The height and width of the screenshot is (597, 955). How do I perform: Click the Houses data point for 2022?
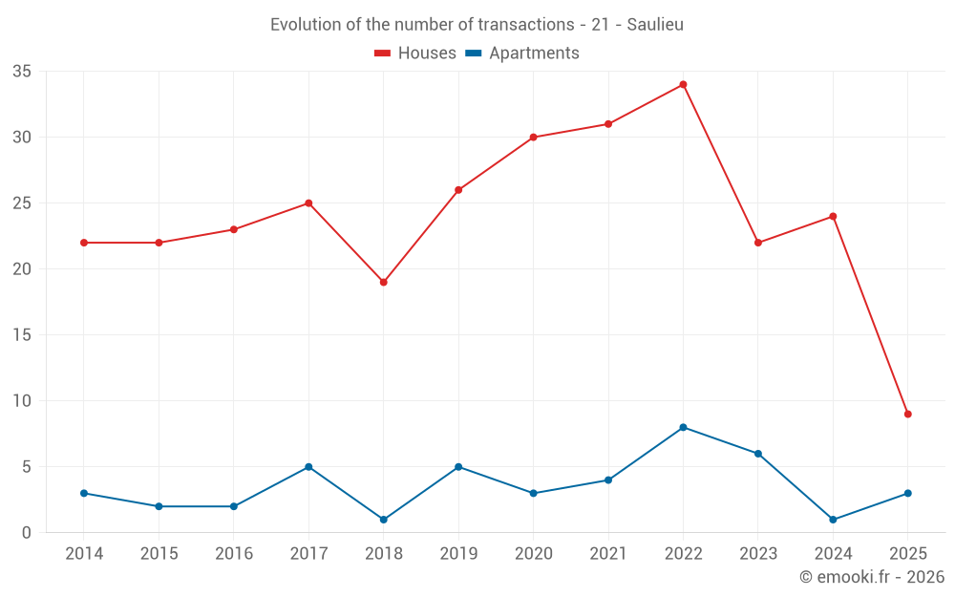coord(683,84)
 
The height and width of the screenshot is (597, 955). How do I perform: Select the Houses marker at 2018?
coord(384,282)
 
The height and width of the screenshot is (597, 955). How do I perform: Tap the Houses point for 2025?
coord(907,414)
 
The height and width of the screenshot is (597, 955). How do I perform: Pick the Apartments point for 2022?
coord(683,427)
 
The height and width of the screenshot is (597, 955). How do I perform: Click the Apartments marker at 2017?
coord(308,467)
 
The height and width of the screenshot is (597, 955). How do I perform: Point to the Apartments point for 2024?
coord(833,520)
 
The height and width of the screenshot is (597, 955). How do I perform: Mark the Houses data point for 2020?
coord(533,137)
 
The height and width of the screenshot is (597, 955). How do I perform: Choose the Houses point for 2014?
coord(84,243)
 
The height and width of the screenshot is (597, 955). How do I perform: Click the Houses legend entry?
coord(415,53)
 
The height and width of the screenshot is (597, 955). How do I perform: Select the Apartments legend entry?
coord(521,53)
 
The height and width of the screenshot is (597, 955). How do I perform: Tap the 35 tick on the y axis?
coord(22,72)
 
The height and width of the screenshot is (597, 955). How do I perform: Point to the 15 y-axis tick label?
coord(22,335)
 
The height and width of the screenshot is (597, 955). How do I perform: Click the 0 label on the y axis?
coord(27,533)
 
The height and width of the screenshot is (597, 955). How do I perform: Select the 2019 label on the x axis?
coord(458,554)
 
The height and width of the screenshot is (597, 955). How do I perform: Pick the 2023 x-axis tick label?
coord(758,554)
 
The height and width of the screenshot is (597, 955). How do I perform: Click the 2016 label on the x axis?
coord(234,554)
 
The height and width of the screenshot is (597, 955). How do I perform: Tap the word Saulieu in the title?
coord(655,25)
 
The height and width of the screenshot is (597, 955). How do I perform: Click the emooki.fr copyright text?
coord(871,577)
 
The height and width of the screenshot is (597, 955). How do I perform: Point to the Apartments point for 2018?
coord(384,520)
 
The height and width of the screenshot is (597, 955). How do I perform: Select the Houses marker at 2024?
coord(833,216)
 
